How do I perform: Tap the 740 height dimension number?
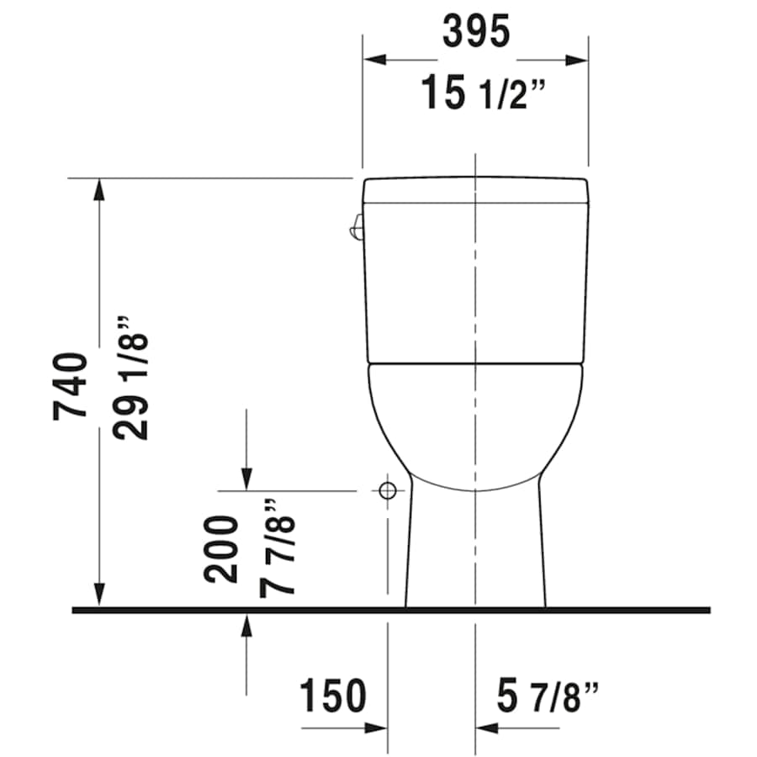(x=70, y=387)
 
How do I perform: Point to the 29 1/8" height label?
(x=132, y=378)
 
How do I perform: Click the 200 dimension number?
(x=221, y=549)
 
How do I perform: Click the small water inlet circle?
(x=387, y=491)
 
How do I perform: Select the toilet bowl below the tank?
(x=475, y=421)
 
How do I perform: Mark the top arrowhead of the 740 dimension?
(x=100, y=188)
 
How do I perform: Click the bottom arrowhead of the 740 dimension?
(x=100, y=595)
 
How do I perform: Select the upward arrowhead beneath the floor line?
(x=246, y=625)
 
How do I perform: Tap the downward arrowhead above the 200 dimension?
(x=246, y=479)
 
